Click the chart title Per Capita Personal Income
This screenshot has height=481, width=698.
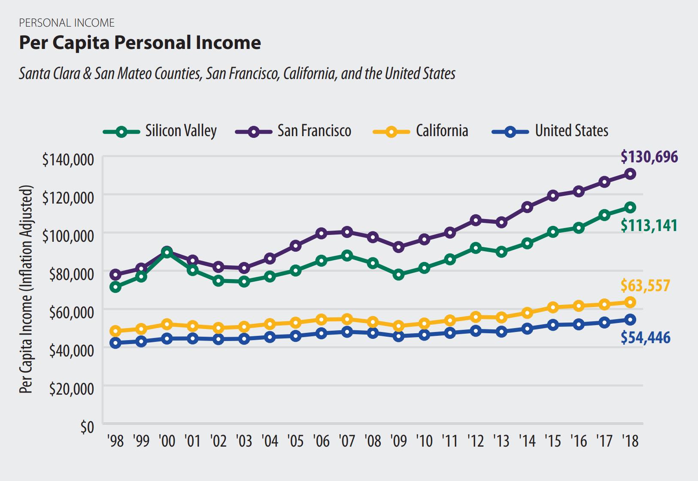coord(140,43)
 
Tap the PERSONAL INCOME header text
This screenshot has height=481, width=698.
coord(67,23)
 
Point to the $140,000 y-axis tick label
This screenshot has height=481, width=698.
coord(68,160)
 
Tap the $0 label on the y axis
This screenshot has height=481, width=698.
coord(87,427)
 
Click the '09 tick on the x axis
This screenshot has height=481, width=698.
coord(399,441)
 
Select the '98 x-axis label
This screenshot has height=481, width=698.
coord(115,441)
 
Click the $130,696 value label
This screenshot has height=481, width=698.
coord(649,157)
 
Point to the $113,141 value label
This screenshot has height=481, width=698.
coord(649,225)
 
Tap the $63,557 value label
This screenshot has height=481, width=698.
coord(645,286)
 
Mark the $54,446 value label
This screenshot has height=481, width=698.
coord(645,338)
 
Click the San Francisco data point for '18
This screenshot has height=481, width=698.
coord(630,174)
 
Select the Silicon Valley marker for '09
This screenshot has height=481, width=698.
coord(399,274)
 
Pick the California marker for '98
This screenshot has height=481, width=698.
coord(115,331)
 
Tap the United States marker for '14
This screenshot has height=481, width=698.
coord(528,329)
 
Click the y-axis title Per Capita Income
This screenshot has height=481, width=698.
coord(27,289)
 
